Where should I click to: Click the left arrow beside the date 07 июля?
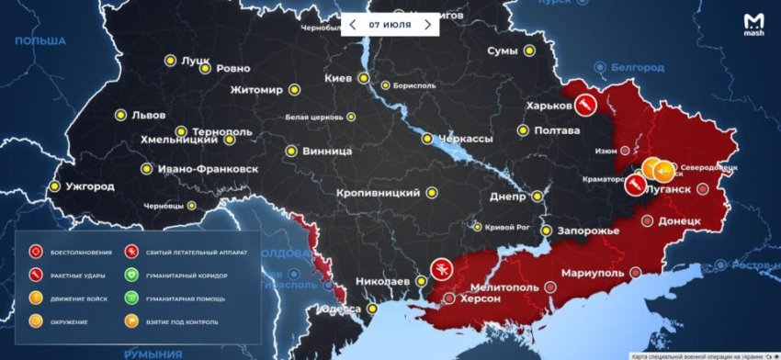[350, 25]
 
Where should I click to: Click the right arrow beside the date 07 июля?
[427, 25]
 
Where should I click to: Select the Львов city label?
[148, 115]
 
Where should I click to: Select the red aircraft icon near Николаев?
[441, 269]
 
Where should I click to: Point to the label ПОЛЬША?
[41, 41]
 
